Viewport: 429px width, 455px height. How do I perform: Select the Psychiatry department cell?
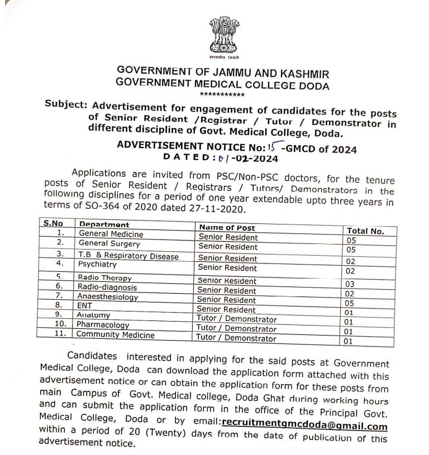98,264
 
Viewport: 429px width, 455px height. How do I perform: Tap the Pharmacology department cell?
103,324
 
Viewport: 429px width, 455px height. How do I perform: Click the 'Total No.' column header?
365,230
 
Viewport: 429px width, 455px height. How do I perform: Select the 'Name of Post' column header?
227,227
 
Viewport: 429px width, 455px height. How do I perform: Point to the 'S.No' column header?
55,223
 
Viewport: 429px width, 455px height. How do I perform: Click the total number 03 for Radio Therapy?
350,284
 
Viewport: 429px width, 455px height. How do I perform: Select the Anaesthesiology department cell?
108,297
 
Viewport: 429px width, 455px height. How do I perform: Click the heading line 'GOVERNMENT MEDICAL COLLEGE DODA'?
222,85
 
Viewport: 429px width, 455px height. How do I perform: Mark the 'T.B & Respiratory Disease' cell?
128,256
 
